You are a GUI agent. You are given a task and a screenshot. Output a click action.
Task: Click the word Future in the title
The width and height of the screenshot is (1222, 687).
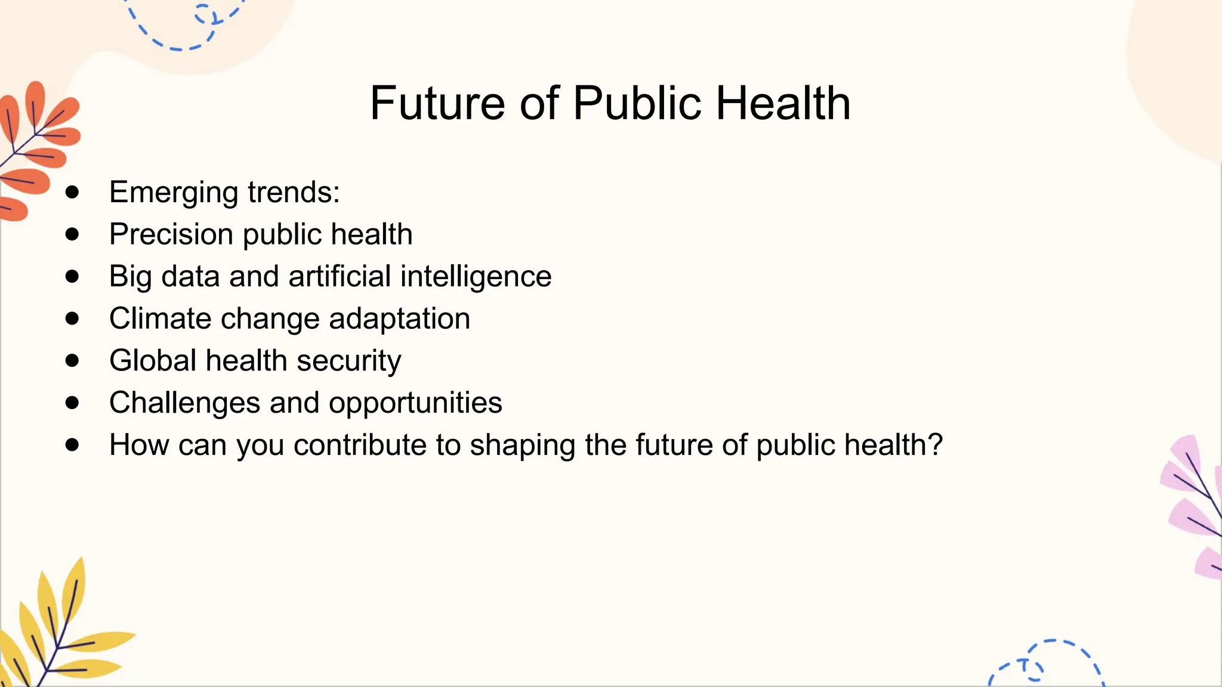tap(437, 103)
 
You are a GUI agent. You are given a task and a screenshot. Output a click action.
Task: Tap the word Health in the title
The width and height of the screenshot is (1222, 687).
tap(783, 103)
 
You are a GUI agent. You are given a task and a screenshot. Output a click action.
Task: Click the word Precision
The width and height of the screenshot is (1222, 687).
tap(171, 234)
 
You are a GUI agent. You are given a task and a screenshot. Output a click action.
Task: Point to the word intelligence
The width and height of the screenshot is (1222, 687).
tap(476, 277)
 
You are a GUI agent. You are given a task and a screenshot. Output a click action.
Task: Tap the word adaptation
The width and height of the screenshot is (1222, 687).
tap(399, 318)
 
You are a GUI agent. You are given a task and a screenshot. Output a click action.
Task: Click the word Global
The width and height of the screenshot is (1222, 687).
tap(153, 361)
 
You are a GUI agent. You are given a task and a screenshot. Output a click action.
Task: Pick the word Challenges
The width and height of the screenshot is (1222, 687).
tap(184, 403)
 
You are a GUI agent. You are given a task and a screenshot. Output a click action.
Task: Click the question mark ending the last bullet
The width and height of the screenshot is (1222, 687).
tap(935, 444)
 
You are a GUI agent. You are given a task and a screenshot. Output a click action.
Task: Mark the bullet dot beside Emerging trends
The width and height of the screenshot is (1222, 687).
tap(72, 192)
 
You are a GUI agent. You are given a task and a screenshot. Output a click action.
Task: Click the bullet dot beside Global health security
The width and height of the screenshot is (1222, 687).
tap(72, 360)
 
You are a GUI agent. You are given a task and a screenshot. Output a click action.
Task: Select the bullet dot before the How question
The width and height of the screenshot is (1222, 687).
tap(72, 444)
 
